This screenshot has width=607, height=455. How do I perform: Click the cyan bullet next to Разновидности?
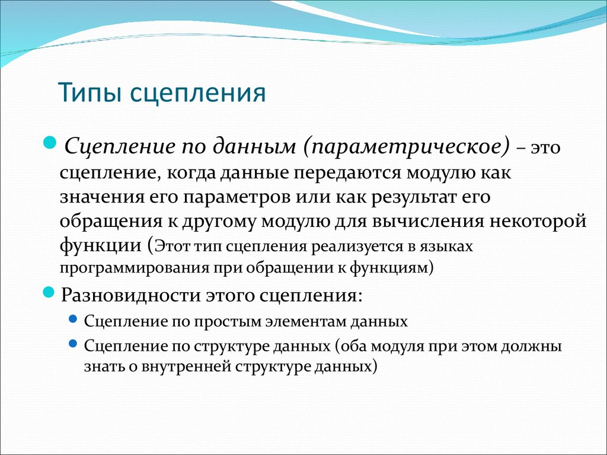click(49, 291)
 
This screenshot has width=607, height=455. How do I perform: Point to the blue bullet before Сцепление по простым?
click(73, 319)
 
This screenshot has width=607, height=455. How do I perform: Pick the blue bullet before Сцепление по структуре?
click(73, 344)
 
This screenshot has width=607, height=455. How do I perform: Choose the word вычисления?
click(429, 222)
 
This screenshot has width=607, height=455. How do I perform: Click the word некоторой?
click(538, 222)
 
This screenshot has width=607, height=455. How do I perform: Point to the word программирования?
click(135, 268)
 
